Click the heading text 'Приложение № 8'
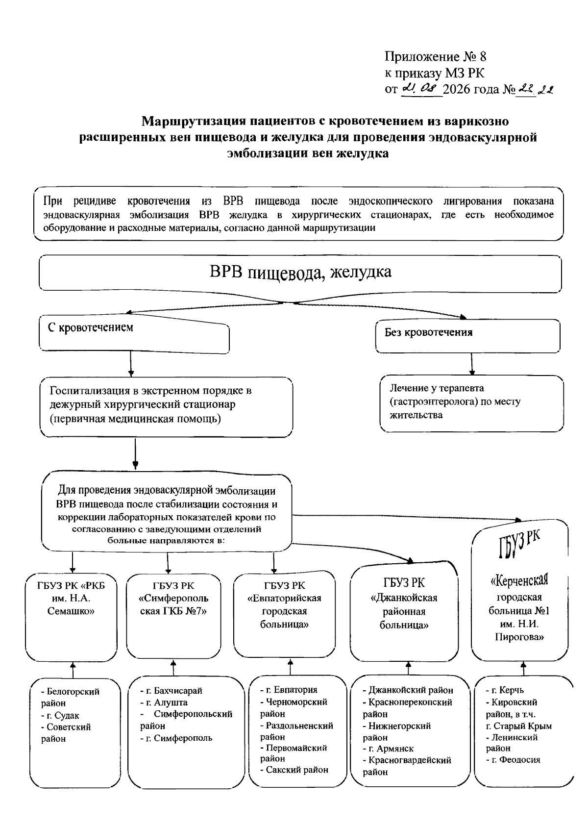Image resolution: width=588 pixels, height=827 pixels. pyautogui.click(x=435, y=56)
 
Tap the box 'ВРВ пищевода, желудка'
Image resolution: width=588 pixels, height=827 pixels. pyautogui.click(x=300, y=273)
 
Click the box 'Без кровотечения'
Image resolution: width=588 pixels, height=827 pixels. pyautogui.click(x=467, y=336)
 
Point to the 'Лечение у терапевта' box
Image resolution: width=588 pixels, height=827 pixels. pyautogui.click(x=471, y=403)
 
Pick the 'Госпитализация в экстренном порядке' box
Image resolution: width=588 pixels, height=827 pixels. pyautogui.click(x=166, y=407)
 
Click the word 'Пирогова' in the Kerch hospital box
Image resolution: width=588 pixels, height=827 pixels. pyautogui.click(x=519, y=636)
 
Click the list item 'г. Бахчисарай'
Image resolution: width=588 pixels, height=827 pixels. pyautogui.click(x=171, y=690)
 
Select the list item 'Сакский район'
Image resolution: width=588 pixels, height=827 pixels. pyautogui.click(x=294, y=770)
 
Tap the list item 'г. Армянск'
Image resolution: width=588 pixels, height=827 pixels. pyautogui.click(x=388, y=749)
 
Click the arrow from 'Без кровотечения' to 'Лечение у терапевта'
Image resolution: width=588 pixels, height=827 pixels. pyautogui.click(x=472, y=364)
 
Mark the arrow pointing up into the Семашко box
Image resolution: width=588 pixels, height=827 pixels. pyautogui.click(x=73, y=670)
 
